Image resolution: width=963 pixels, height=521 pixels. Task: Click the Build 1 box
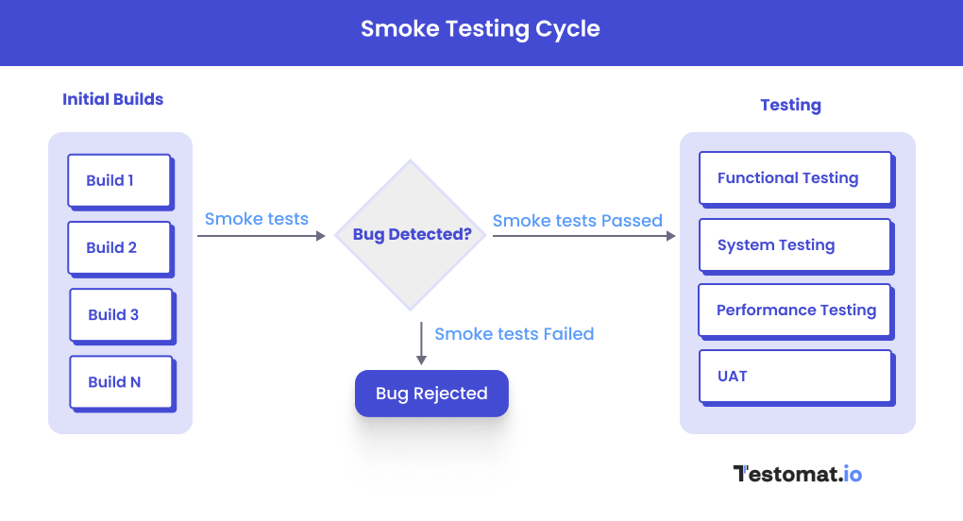(119, 180)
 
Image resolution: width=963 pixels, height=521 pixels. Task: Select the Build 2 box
(119, 247)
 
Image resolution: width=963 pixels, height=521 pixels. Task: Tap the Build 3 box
(121, 314)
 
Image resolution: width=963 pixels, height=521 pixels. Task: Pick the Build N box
(121, 381)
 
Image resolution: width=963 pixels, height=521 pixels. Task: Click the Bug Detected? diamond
(412, 234)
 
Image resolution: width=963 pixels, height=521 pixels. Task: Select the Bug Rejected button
(431, 394)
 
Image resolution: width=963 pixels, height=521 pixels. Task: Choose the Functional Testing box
(795, 177)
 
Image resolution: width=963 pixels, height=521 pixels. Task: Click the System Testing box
(795, 244)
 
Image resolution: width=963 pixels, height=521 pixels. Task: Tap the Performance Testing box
(795, 310)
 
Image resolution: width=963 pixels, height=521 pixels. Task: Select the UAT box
(795, 376)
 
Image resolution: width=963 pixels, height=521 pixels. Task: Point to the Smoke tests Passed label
(577, 221)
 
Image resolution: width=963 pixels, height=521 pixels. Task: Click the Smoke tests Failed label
(514, 334)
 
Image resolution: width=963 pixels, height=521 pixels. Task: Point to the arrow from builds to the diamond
(261, 236)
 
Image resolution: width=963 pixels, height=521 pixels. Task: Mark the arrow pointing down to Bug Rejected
(421, 344)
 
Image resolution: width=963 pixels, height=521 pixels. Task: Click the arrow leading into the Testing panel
(584, 236)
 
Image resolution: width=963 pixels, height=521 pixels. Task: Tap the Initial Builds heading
(112, 99)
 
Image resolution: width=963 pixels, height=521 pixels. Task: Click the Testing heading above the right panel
(790, 105)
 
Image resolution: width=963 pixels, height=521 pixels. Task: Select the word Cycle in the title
(567, 28)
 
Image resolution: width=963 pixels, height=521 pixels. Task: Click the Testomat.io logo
(798, 474)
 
